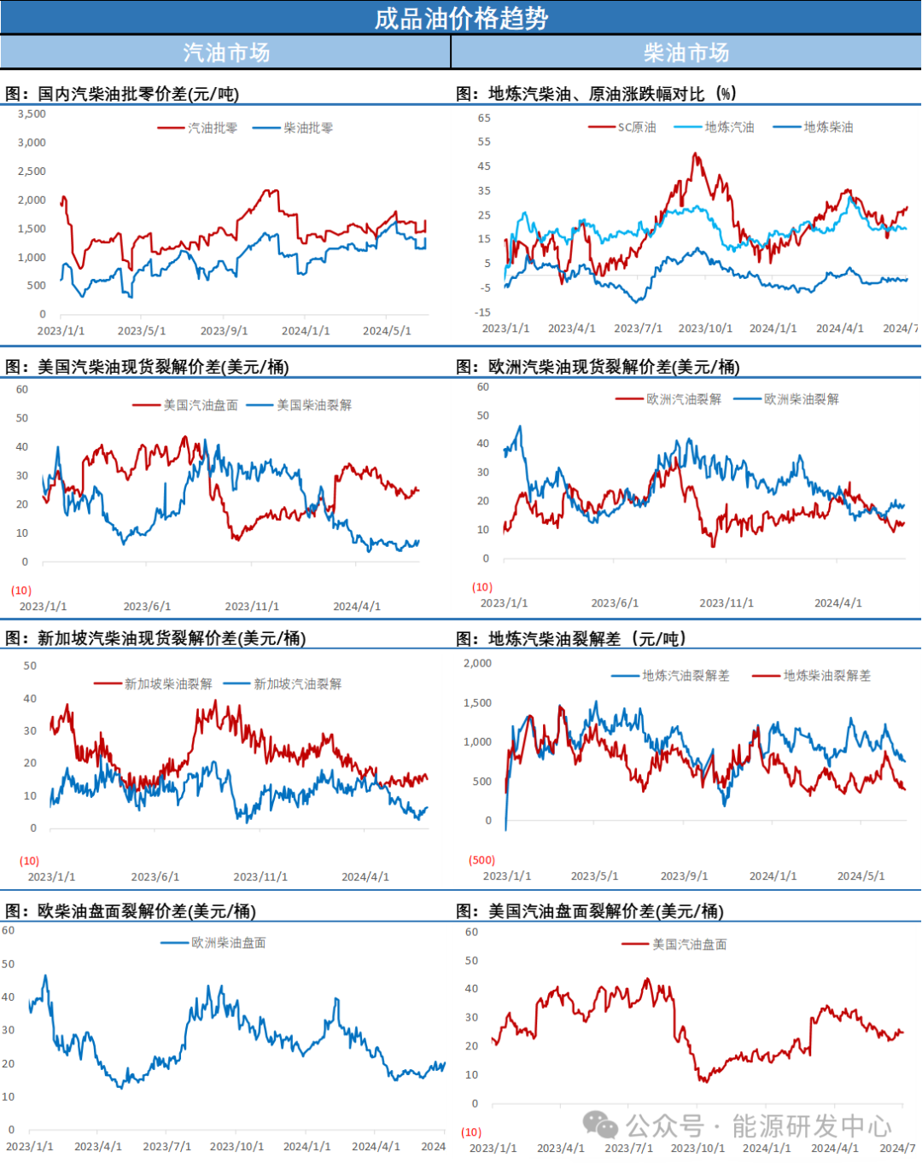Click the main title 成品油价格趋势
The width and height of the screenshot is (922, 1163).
pyautogui.click(x=461, y=18)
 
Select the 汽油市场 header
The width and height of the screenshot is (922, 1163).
pyautogui.click(x=226, y=53)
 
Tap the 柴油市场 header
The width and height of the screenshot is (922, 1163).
pyautogui.click(x=686, y=53)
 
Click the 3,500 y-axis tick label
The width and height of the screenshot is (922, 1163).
pyautogui.click(x=32, y=114)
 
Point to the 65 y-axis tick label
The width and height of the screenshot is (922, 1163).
pyautogui.click(x=484, y=118)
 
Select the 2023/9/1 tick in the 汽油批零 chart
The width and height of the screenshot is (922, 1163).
pyautogui.click(x=224, y=331)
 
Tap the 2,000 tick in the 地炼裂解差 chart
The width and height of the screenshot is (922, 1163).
pyautogui.click(x=477, y=664)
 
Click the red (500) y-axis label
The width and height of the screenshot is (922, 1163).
pyautogui.click(x=481, y=860)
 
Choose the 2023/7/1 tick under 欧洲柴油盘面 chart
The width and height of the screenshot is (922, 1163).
pyautogui.click(x=166, y=1147)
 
